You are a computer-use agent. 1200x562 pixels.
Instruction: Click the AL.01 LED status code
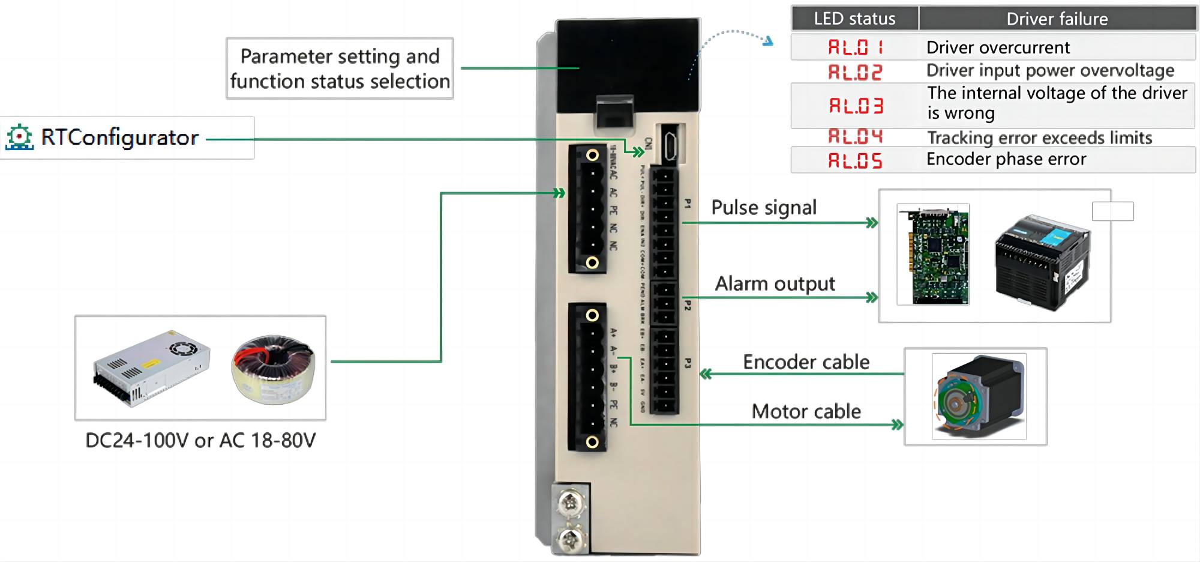point(855,47)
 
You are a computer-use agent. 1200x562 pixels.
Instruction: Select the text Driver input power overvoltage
point(1050,71)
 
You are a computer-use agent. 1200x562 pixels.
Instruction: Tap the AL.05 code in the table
point(855,160)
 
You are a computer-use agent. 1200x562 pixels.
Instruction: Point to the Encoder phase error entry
point(1006,159)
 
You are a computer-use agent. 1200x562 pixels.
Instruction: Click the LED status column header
point(854,19)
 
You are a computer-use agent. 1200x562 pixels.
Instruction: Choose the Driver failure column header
point(1057,19)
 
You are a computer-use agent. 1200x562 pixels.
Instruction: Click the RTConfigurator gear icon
point(19,137)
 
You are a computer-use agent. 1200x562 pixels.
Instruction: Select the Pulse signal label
point(764,208)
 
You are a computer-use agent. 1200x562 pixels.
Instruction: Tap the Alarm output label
point(775,283)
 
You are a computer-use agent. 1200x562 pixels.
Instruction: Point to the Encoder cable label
point(806,362)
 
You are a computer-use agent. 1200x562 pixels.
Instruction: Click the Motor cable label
point(806,411)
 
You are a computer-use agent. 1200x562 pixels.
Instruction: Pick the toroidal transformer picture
point(274,369)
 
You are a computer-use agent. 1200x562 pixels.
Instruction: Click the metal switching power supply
point(151,367)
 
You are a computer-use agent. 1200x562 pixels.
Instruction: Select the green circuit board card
point(933,255)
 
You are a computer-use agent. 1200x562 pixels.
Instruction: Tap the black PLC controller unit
point(1042,262)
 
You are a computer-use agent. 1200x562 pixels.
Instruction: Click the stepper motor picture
point(979,396)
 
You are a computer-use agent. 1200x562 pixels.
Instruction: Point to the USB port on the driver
point(670,145)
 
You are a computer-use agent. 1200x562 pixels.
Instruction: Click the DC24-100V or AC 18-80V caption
point(200,441)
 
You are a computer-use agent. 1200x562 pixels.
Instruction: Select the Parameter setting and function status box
point(340,68)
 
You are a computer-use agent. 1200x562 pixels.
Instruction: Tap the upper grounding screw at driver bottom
point(570,502)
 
